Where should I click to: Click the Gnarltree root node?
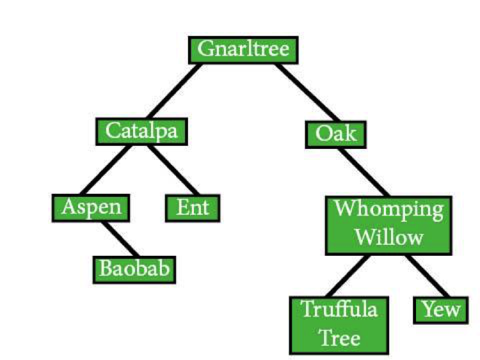pos(243,50)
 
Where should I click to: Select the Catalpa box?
pos(141,132)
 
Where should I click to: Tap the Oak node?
pos(335,134)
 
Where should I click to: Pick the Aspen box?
pos(91,208)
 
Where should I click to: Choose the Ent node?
pos(193,208)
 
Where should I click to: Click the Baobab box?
pos(134,270)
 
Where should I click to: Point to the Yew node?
pos(440,310)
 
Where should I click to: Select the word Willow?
pos(389,237)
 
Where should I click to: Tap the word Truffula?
pos(339,309)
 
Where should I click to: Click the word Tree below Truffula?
pos(339,338)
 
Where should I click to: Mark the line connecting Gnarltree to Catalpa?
pos(174,91)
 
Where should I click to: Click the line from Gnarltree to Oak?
pos(307,92)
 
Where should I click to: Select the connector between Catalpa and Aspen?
pos(106,169)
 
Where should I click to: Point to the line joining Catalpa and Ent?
pos(173,169)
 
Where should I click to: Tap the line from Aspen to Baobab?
pos(120,239)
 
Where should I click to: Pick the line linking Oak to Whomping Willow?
pos(364,172)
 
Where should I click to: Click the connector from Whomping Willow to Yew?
pos(428,276)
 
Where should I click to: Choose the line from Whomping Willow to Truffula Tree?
pos(348,276)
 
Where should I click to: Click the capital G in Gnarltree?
pos(205,49)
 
